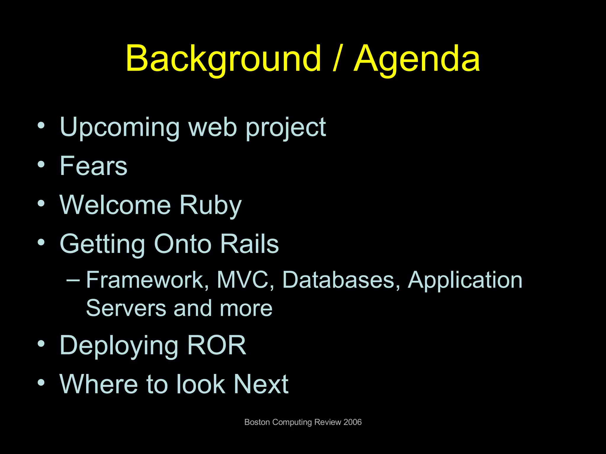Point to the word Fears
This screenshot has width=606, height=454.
[94, 166]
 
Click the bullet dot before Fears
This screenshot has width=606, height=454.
[41, 164]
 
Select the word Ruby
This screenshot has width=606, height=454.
[210, 205]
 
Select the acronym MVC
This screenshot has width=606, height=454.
[242, 280]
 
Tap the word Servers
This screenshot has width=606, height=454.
[126, 308]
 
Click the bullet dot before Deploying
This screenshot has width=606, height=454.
[41, 343]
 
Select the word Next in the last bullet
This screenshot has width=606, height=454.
[261, 384]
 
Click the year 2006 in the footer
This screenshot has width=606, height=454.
[352, 422]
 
